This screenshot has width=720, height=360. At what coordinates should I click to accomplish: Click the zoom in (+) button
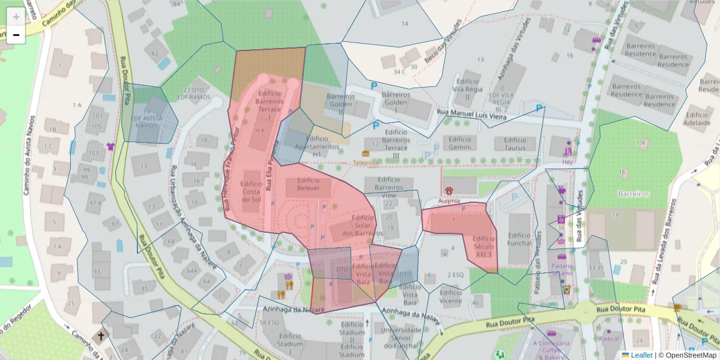(16, 17)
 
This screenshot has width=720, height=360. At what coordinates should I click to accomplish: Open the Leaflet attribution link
(641, 355)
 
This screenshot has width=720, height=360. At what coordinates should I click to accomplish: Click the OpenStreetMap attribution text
(688, 355)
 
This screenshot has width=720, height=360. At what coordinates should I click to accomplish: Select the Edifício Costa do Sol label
(251, 191)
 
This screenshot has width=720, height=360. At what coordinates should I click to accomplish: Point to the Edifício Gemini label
(460, 143)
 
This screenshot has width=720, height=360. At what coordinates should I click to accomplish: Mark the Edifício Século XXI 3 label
(484, 246)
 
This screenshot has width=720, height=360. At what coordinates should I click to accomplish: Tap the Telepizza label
(365, 163)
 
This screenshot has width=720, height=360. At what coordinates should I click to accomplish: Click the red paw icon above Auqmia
(449, 191)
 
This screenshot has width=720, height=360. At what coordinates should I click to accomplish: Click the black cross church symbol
(101, 337)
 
